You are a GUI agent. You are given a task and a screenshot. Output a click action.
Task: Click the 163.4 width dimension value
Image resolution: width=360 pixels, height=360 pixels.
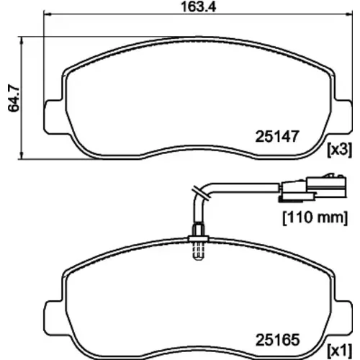point(198,6)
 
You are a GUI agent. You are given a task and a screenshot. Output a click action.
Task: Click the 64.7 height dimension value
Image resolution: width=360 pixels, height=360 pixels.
point(14,98)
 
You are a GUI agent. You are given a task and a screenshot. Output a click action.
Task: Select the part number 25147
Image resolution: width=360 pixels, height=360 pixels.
point(277,136)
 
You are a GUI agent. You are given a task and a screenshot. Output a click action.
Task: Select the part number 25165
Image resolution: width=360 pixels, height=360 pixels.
point(277,340)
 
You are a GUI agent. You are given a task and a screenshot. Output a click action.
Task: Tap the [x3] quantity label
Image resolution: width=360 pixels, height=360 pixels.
point(340,150)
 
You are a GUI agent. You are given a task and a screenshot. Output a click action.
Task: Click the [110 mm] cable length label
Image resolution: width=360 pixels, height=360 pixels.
point(315,217)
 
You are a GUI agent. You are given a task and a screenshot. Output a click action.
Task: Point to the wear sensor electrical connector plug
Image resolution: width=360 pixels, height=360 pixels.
point(312,188)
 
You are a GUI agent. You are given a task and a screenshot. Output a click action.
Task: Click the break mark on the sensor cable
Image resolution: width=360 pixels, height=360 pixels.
point(201,192)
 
